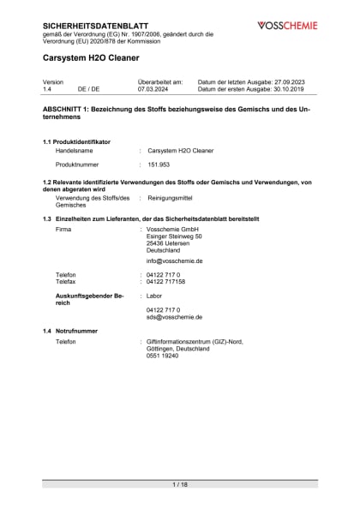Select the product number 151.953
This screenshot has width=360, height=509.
click(159, 164)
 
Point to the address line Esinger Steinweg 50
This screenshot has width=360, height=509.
click(174, 237)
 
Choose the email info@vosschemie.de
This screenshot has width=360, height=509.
click(174, 260)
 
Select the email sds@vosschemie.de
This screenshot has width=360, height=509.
click(173, 316)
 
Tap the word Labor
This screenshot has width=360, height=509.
click(154, 296)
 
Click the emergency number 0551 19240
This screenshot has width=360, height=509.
click(162, 356)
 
